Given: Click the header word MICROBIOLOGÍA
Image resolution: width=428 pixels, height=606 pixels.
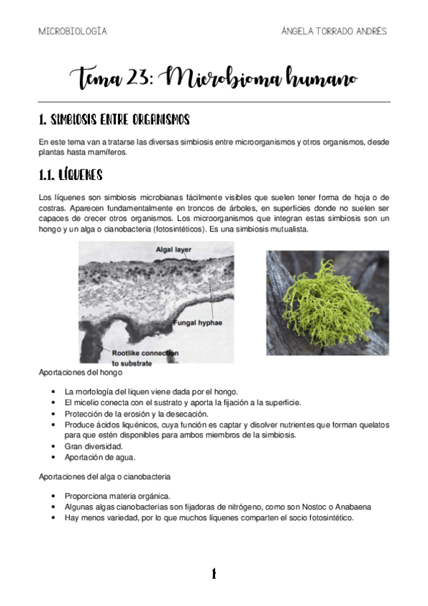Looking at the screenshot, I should point(73,31).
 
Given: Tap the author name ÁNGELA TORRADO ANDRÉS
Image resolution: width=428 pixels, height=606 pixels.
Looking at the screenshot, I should point(334,31).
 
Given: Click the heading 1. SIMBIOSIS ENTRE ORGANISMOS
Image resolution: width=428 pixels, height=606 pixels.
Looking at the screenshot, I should point(114,119).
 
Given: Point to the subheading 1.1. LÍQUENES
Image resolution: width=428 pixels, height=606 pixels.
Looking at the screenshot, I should point(71,174).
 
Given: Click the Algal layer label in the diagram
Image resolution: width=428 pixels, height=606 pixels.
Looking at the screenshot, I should point(176,249).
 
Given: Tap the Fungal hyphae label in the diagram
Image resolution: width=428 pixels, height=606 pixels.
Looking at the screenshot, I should point(197,323).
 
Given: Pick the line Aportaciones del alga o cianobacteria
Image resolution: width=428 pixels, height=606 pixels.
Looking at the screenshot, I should point(104,476).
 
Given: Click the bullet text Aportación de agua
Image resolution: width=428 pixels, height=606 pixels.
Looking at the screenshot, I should point(100,457).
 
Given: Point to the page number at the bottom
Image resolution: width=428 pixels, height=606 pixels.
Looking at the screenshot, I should point(213,573).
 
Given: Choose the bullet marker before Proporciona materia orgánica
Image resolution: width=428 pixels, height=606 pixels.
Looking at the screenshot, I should point(54,496).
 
